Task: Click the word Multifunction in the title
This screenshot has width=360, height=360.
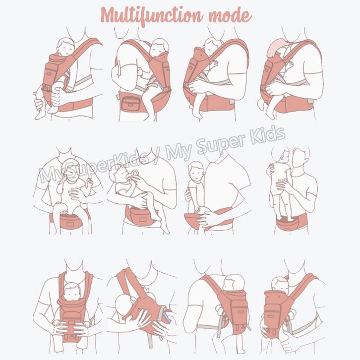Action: (152, 15)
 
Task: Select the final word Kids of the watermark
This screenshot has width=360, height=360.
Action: (267, 135)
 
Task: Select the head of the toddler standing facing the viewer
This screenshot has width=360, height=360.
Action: (195, 171)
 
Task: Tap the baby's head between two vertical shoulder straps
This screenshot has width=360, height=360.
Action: (72, 292)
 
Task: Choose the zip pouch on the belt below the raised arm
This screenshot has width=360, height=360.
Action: (130, 104)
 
